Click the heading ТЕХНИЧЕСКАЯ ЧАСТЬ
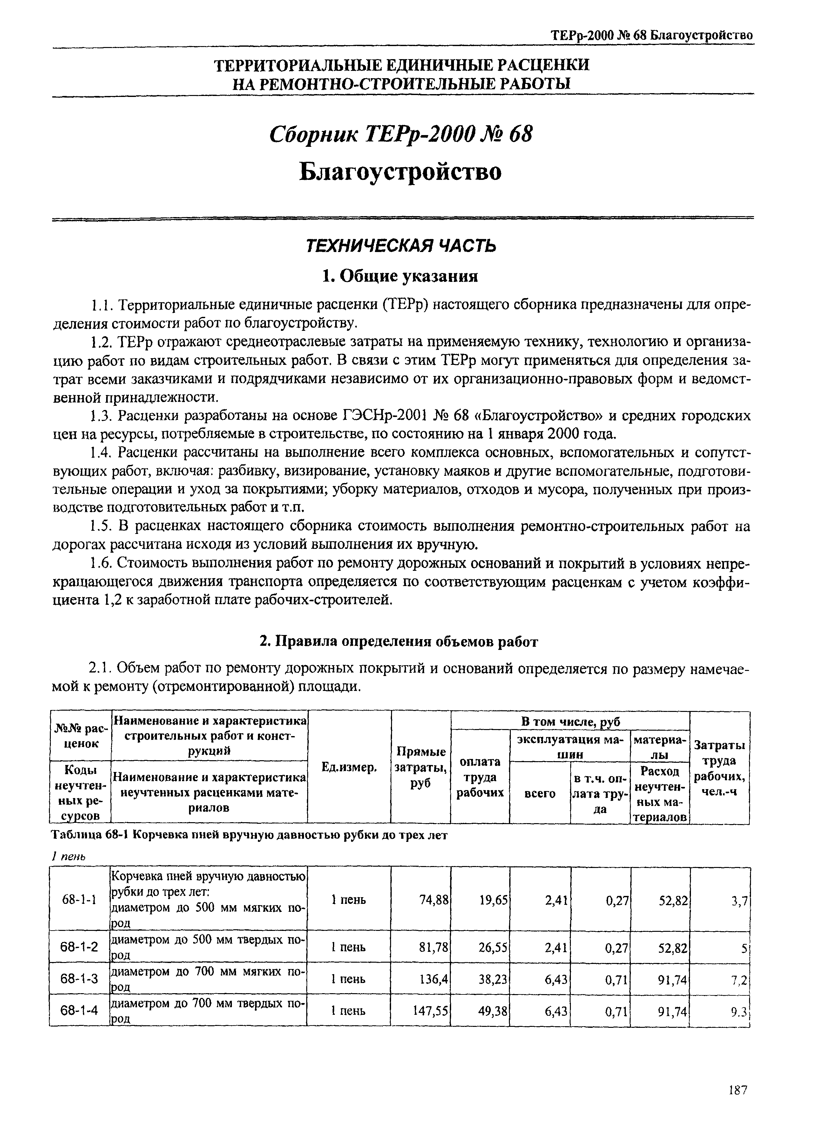(401, 245)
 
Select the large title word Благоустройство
(401, 172)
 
